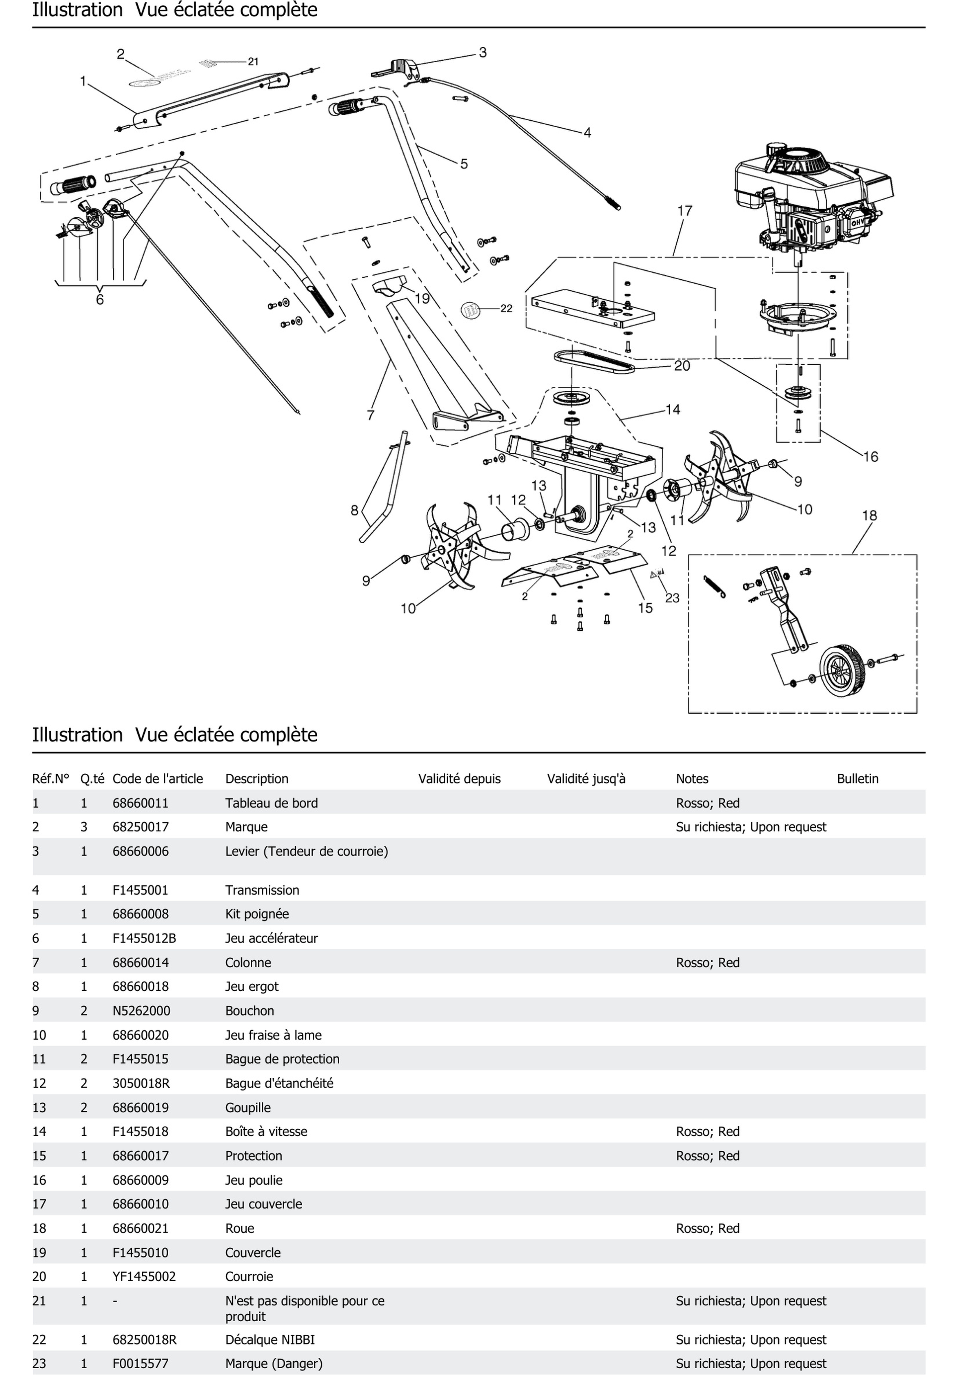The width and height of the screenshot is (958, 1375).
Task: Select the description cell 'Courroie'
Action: coord(249,1276)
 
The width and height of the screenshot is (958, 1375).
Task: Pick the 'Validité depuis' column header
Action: coord(459,779)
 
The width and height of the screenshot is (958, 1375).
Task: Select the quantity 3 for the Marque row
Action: coord(84,826)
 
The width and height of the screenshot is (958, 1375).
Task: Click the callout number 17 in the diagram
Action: coord(684,211)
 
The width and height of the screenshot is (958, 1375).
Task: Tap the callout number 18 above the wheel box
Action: coord(869,515)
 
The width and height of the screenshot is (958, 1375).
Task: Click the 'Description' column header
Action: coord(256,779)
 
